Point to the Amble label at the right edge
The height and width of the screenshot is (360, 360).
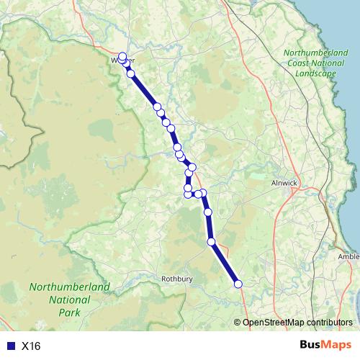348,256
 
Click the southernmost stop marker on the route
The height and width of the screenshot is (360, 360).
238,284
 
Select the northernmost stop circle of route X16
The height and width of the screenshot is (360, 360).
122,56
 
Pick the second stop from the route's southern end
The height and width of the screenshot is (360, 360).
212,242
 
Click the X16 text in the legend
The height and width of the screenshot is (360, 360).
31,346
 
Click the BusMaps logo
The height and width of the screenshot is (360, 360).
325,346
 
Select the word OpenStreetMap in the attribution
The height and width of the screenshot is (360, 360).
275,322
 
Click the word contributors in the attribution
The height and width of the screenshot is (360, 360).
330,322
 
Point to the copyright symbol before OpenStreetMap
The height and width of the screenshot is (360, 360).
238,322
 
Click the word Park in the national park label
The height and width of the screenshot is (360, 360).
70,312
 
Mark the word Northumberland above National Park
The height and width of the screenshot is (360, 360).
70,287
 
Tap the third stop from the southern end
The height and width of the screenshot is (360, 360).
208,212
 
